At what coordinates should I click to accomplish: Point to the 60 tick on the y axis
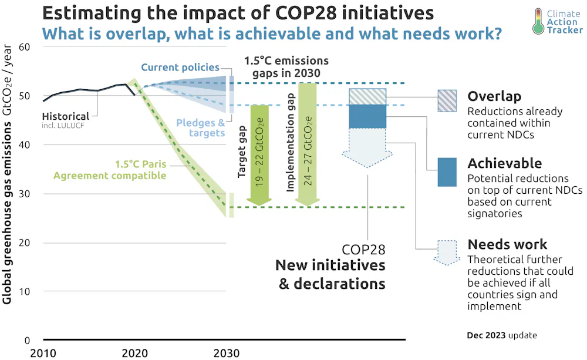click(x=25, y=47)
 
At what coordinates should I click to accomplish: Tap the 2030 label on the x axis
click(x=226, y=353)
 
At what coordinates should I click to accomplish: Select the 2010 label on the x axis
click(x=44, y=353)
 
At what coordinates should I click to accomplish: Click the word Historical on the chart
click(x=66, y=116)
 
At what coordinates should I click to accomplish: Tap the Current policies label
click(x=180, y=68)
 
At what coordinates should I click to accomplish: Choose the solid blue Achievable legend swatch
click(x=447, y=172)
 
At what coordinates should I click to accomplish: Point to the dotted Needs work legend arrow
click(x=447, y=251)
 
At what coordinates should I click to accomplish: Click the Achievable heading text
click(x=504, y=163)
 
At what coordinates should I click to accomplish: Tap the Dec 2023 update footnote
click(x=501, y=335)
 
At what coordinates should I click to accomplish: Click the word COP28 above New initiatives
click(x=363, y=250)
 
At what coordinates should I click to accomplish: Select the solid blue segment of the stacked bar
click(x=367, y=116)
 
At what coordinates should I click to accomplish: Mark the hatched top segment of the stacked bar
click(x=367, y=97)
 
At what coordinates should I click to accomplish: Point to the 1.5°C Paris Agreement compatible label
click(x=110, y=170)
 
